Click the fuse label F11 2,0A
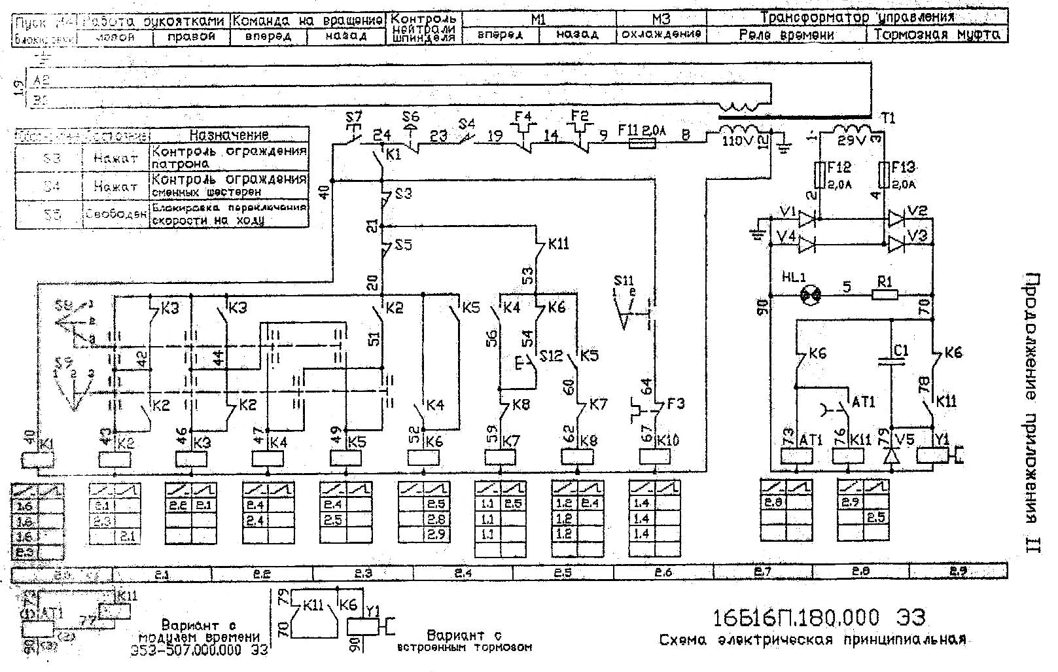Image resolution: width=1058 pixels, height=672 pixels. [644, 131]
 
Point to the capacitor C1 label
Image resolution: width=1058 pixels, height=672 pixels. [901, 351]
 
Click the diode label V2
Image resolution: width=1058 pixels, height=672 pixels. [918, 212]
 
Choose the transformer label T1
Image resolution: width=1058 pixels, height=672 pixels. [887, 118]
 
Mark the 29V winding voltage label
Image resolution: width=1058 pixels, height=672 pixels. [851, 140]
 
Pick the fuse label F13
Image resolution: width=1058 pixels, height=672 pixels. [903, 168]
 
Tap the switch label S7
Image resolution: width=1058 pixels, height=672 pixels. [353, 118]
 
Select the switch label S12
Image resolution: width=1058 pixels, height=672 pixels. [551, 356]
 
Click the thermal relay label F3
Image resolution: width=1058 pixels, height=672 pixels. [675, 404]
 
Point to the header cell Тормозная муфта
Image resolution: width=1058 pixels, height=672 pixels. [937, 35]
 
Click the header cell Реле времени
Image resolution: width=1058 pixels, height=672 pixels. [786, 35]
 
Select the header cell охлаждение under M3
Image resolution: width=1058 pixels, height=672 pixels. [661, 34]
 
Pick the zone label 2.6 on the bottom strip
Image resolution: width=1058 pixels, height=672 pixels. [663, 573]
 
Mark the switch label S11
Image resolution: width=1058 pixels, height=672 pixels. [624, 281]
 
